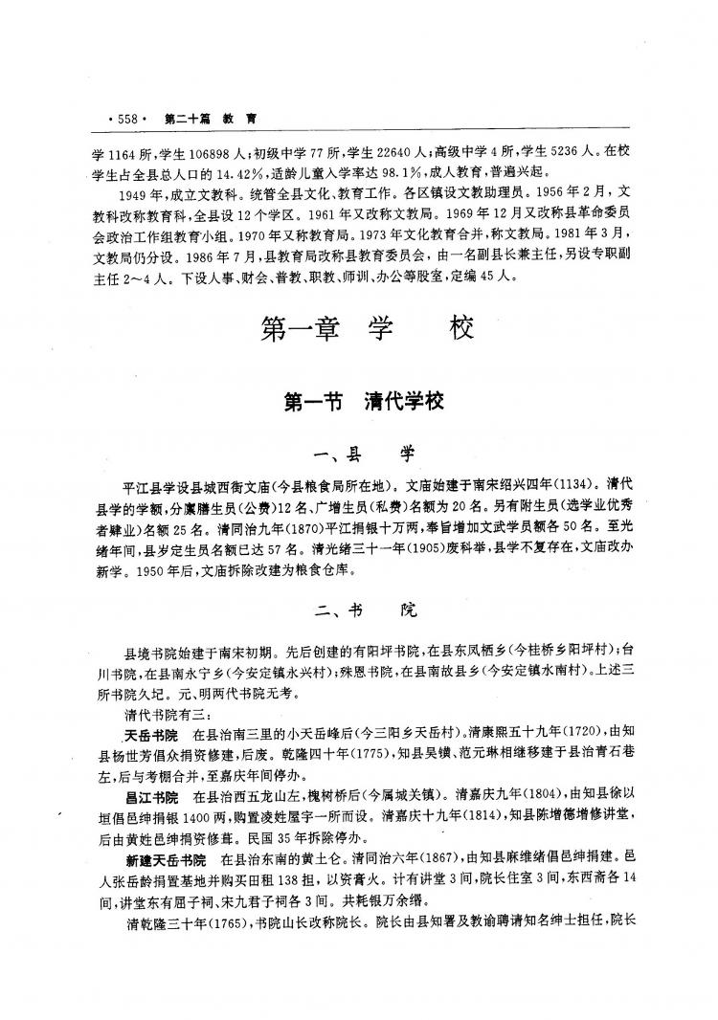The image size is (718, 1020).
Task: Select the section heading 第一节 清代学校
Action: point(365,403)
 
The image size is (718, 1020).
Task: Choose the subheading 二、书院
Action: point(367,610)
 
